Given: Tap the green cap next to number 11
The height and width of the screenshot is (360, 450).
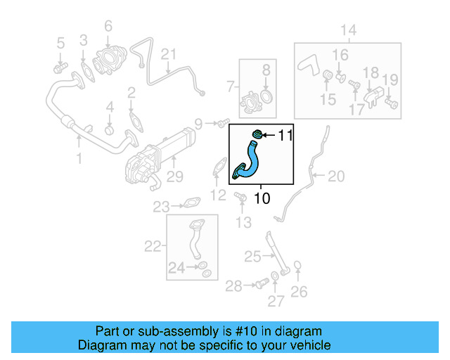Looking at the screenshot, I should [x=258, y=134].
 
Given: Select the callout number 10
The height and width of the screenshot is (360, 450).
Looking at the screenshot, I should [x=261, y=199].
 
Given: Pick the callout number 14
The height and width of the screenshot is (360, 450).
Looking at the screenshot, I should [x=349, y=30].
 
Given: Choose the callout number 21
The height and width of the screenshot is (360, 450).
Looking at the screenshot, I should [x=168, y=54].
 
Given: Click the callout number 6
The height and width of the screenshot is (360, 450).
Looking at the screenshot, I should [x=108, y=26].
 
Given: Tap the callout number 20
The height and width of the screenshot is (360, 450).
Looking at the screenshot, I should [x=337, y=176].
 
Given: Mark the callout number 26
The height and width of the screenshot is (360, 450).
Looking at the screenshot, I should [x=299, y=291].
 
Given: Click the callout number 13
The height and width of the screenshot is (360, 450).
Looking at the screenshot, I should [x=243, y=223].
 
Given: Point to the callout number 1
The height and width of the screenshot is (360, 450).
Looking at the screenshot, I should [x=79, y=159].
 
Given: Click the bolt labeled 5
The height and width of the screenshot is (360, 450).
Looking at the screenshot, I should [x=60, y=67].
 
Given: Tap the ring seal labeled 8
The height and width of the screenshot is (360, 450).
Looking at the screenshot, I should [x=267, y=96].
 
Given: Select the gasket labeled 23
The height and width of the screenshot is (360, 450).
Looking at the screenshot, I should [x=189, y=205].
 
